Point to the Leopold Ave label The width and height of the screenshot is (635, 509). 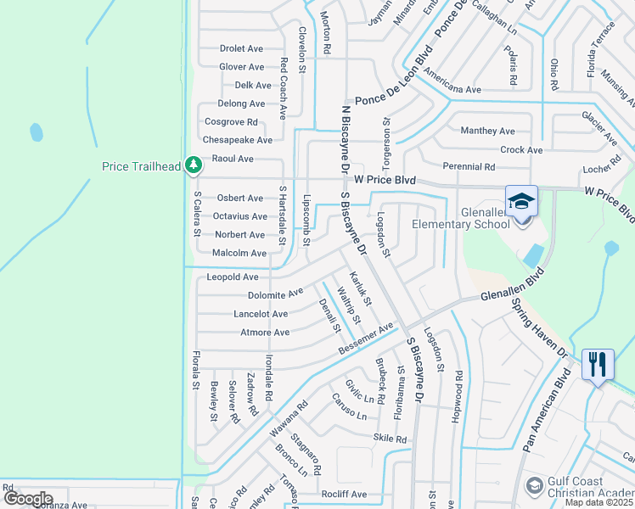pos(233,277)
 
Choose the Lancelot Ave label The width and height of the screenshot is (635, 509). pos(261,314)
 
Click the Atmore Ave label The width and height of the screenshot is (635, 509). pos(265,333)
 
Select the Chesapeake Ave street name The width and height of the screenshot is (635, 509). pos(237,140)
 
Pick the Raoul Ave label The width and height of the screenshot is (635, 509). pos(233,159)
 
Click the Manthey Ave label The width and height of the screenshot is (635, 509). pos(487,131)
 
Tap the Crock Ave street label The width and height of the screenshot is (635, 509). pos(521,150)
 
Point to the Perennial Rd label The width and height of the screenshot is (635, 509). pos(469,167)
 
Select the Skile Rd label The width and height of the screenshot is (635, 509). pos(391,439)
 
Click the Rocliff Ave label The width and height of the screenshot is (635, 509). pos(344,494)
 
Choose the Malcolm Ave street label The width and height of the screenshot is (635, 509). pos(239,253)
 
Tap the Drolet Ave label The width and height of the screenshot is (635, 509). pos(242,48)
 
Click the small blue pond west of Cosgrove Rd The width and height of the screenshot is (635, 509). pos(36,133)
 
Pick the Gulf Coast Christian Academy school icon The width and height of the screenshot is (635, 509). pos(535,485)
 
